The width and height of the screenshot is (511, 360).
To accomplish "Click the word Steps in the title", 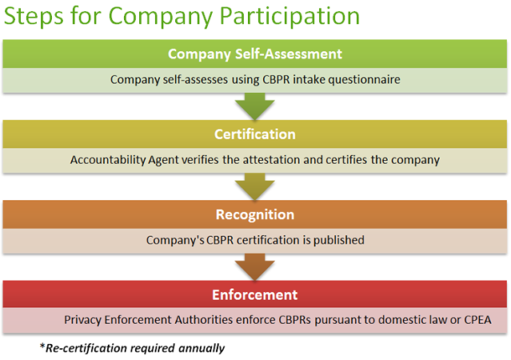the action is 34,16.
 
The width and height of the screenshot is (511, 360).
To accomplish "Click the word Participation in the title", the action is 290,16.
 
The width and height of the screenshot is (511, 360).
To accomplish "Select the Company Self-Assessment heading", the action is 255,54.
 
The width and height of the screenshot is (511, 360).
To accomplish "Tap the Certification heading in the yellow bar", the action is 255,134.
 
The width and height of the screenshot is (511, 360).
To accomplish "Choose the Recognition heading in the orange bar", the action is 255,214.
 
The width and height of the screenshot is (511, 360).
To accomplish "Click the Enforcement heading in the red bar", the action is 255,295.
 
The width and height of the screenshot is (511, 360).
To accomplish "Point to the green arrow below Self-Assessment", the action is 255,106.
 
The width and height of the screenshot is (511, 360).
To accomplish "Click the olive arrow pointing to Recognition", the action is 255,187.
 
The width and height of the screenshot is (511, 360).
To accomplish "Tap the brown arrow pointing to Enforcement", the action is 255,267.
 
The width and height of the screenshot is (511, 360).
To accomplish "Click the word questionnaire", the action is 364,80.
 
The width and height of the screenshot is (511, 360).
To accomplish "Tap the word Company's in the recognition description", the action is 175,240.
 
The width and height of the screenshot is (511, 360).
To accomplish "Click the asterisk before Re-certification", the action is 42,345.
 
